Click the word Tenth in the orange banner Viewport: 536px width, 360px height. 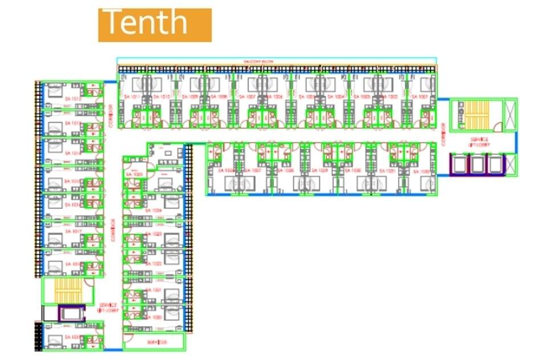(x=146, y=23)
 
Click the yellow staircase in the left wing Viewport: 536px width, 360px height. (x=67, y=291)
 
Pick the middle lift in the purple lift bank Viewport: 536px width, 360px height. (x=478, y=164)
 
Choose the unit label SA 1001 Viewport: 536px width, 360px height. (x=423, y=97)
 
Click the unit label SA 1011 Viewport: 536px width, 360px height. (x=131, y=97)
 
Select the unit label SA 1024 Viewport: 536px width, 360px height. (x=153, y=211)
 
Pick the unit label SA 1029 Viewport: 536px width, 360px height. (x=323, y=171)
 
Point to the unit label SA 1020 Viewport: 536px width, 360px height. (x=153, y=317)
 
